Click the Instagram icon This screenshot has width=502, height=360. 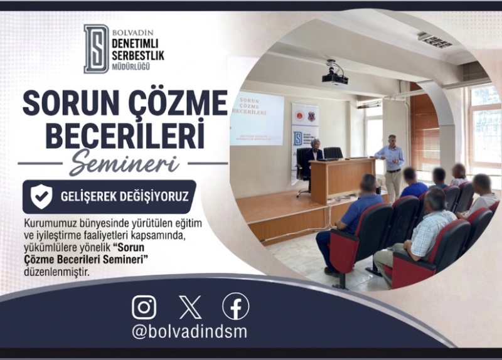click(144, 307)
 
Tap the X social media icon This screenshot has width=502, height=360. click(190, 307)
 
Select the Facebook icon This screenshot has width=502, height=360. click(236, 306)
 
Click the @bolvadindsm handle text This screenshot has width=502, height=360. click(190, 332)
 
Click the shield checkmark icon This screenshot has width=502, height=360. click(41, 196)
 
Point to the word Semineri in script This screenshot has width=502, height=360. click(124, 164)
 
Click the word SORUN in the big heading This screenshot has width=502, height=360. click(66, 103)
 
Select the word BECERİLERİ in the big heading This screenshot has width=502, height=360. click(125, 135)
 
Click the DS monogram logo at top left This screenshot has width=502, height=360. click(96, 49)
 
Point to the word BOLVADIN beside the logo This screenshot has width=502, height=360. click(133, 33)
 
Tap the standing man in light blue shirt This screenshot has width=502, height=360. click(391, 167)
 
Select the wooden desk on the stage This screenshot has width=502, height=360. click(342, 179)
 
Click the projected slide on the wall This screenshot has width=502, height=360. click(257, 119)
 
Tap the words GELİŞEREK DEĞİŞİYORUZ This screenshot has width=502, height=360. click(124, 196)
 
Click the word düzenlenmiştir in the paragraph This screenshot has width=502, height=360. click(56, 272)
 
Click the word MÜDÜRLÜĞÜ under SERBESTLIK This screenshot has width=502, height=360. click(131, 66)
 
